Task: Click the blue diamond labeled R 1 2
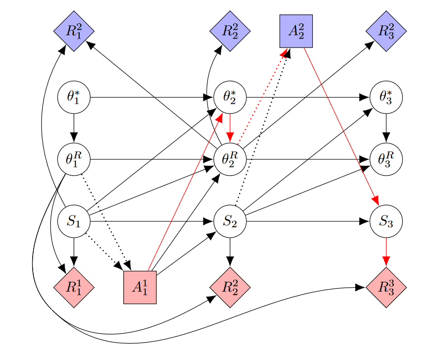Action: (x=74, y=31)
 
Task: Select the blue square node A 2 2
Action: (x=296, y=31)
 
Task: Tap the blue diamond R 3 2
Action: (x=386, y=31)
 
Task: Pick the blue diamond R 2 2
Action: (x=230, y=31)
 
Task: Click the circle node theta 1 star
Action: (x=74, y=97)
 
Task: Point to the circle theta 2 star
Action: (x=230, y=97)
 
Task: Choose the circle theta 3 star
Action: (x=386, y=97)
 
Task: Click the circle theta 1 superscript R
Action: (x=74, y=159)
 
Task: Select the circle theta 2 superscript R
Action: (x=230, y=159)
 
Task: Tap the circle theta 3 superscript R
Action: (x=386, y=159)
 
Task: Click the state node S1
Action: (x=74, y=221)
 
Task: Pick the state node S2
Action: (x=230, y=221)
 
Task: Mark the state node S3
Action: (x=386, y=221)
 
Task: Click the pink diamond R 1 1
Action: (x=74, y=287)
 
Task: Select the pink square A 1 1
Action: (x=140, y=287)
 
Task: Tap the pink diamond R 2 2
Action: (x=230, y=287)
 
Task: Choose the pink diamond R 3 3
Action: (x=386, y=287)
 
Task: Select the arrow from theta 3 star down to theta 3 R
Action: (x=386, y=128)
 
